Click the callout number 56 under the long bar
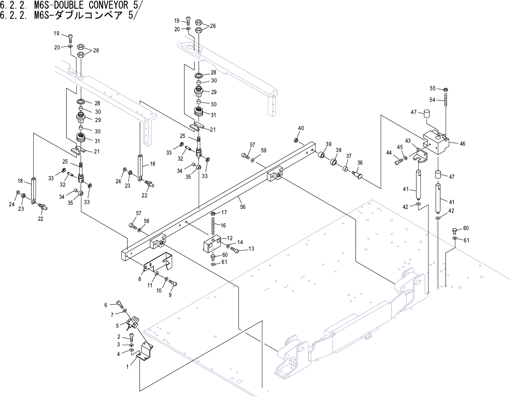click(x=243, y=207)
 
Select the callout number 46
click(x=462, y=143)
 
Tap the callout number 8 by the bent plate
click(x=139, y=278)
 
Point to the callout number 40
click(x=301, y=128)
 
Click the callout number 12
click(x=230, y=238)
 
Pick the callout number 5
click(x=117, y=326)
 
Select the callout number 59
click(x=264, y=151)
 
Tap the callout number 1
click(x=127, y=367)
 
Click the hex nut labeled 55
click(x=446, y=89)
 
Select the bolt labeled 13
click(x=235, y=250)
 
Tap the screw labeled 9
click(x=173, y=283)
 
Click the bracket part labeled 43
click(x=421, y=155)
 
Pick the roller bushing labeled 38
click(x=334, y=162)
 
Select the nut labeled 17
click(x=213, y=214)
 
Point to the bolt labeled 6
click(x=119, y=303)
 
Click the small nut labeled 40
click(x=296, y=140)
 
